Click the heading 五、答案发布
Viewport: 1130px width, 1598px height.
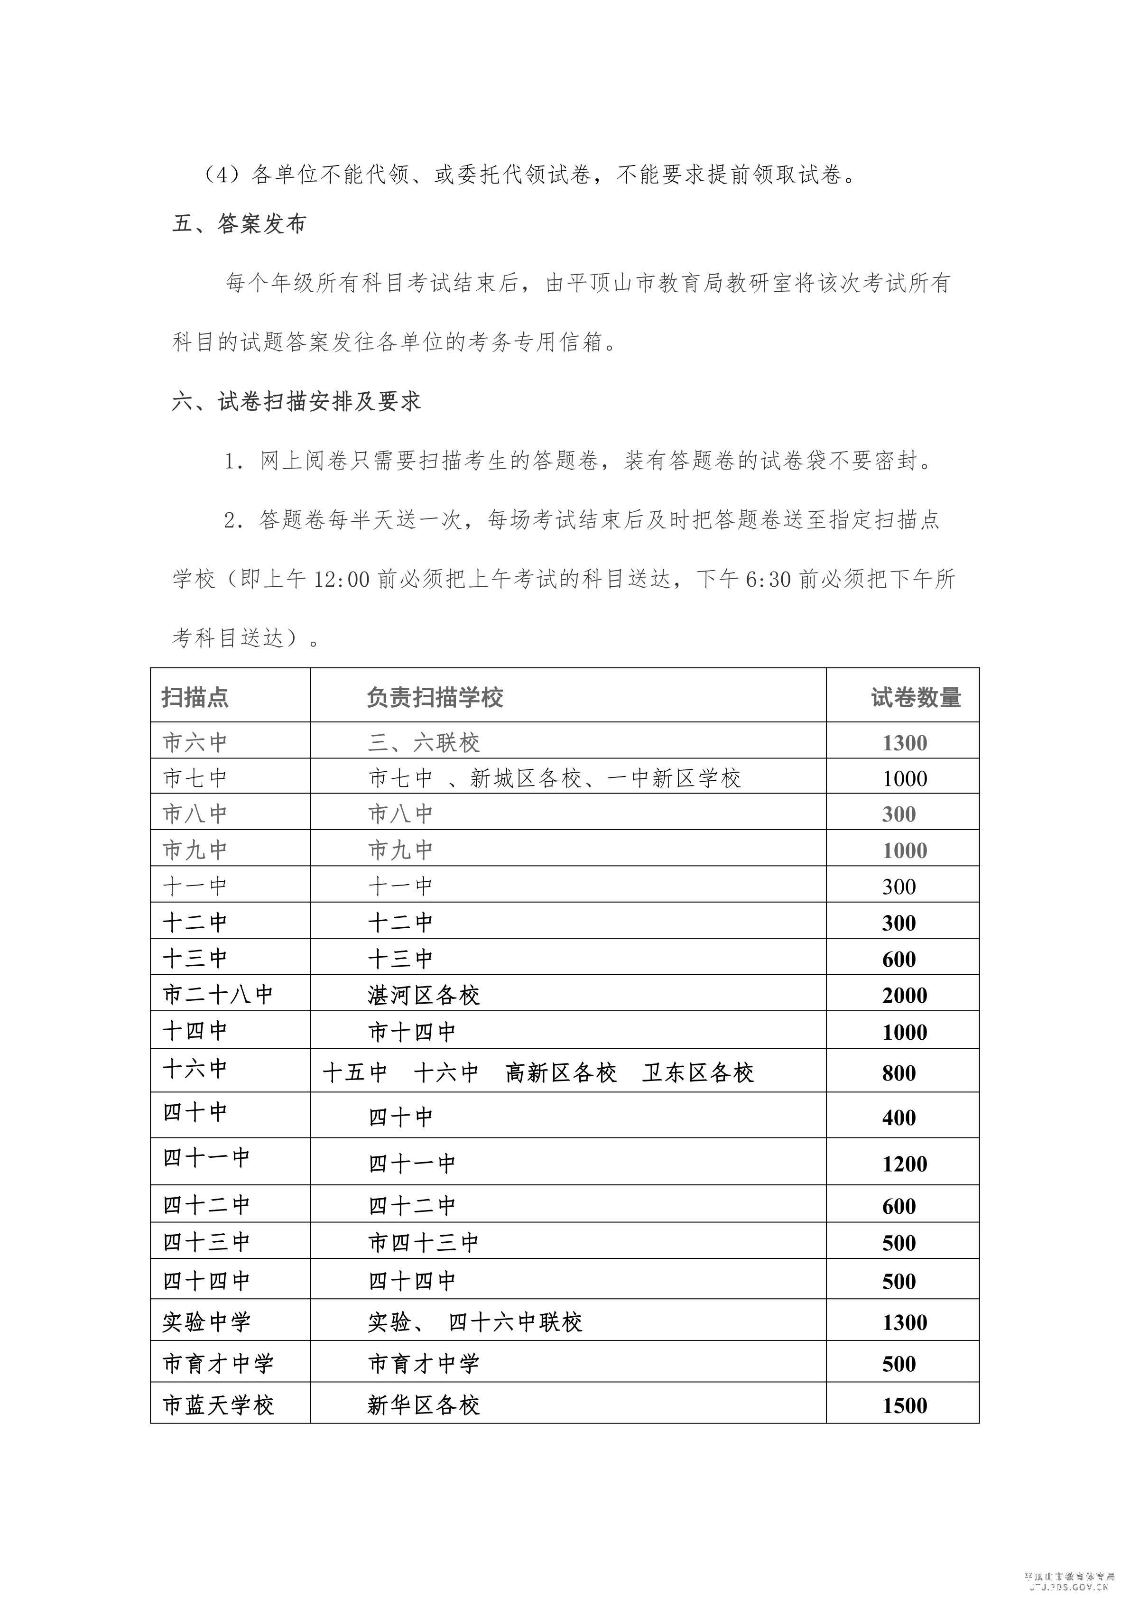(239, 224)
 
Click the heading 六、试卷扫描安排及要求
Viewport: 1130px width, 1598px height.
(296, 402)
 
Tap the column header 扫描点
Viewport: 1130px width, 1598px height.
(195, 697)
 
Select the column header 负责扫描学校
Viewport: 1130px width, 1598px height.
(435, 697)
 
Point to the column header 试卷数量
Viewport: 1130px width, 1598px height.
(916, 697)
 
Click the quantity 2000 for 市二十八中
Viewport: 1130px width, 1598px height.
(904, 995)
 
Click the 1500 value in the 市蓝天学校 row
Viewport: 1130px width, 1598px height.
(904, 1405)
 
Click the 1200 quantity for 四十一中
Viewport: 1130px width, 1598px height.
(904, 1164)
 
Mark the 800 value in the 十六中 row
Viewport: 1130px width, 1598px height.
(899, 1072)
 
